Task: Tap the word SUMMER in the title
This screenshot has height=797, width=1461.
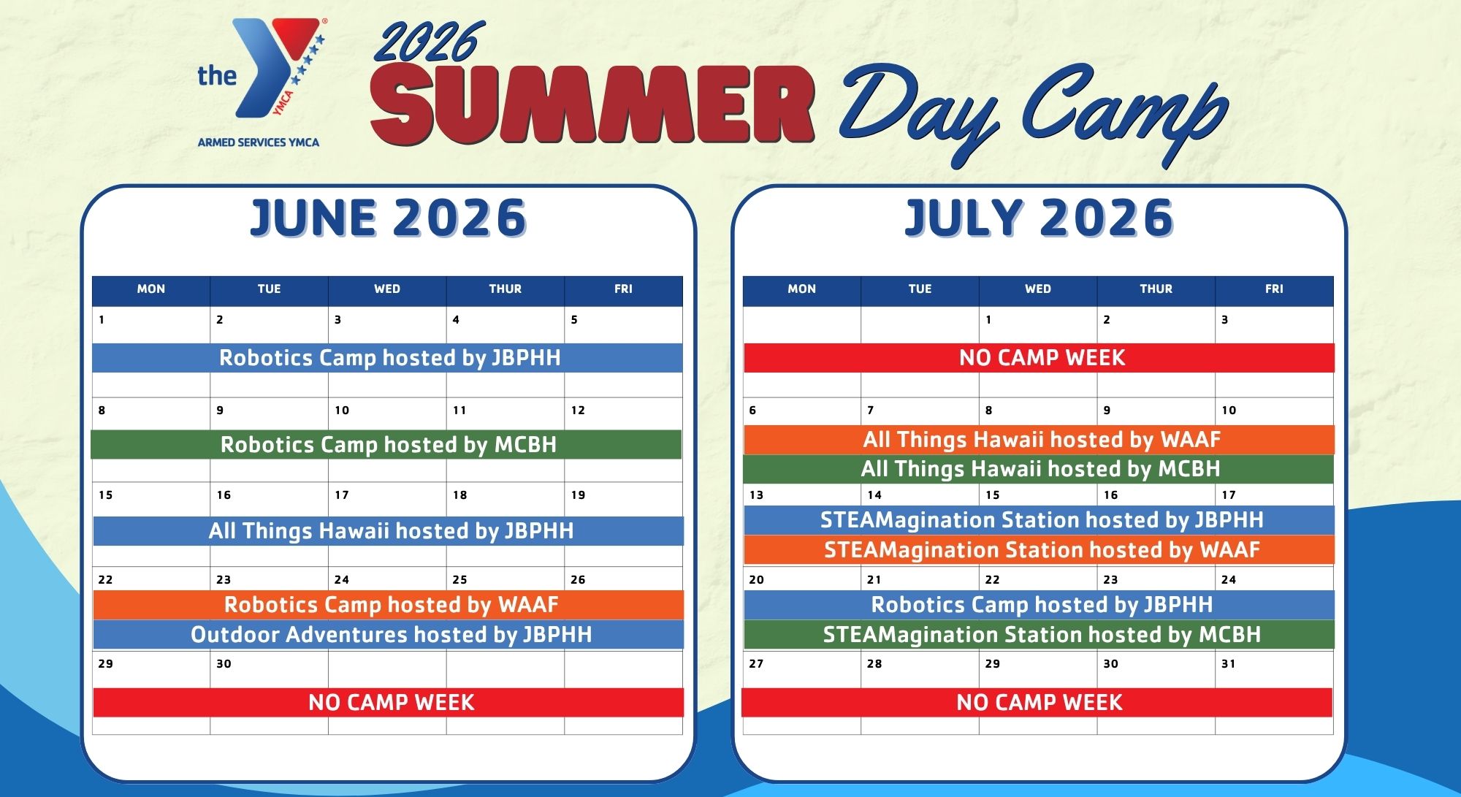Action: click(x=592, y=104)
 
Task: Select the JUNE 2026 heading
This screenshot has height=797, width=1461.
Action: click(x=388, y=218)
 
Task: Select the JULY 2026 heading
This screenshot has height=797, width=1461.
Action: click(x=1039, y=218)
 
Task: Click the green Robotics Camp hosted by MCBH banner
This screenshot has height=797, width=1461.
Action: click(x=386, y=444)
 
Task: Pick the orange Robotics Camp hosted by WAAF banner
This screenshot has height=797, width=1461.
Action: click(x=389, y=605)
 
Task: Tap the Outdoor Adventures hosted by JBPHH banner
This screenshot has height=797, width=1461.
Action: click(x=389, y=635)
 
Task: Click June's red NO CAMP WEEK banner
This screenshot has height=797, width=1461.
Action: click(x=389, y=702)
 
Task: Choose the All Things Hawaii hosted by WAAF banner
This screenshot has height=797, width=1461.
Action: click(x=1040, y=440)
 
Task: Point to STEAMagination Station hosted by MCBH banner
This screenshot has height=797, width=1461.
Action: click(x=1040, y=635)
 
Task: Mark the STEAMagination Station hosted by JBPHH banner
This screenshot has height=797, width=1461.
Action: click(x=1040, y=520)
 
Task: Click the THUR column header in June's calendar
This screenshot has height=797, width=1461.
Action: click(x=506, y=289)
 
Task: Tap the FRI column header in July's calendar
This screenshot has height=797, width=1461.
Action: click(x=1274, y=289)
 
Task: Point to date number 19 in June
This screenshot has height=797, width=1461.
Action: click(x=578, y=495)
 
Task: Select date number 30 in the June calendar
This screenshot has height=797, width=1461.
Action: click(x=224, y=664)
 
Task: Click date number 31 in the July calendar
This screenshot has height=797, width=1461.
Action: click(x=1228, y=664)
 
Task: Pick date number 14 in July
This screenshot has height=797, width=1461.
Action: click(x=874, y=495)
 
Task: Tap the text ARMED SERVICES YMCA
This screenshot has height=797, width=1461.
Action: click(x=259, y=142)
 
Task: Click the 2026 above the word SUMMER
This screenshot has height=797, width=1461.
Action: click(x=429, y=42)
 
